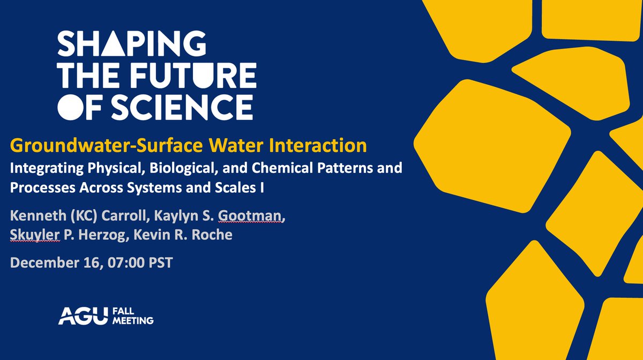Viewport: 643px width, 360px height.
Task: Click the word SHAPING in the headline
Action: [131, 44]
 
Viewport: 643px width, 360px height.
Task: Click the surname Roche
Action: [212, 235]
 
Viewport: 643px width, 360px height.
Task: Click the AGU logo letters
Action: [77, 316]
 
